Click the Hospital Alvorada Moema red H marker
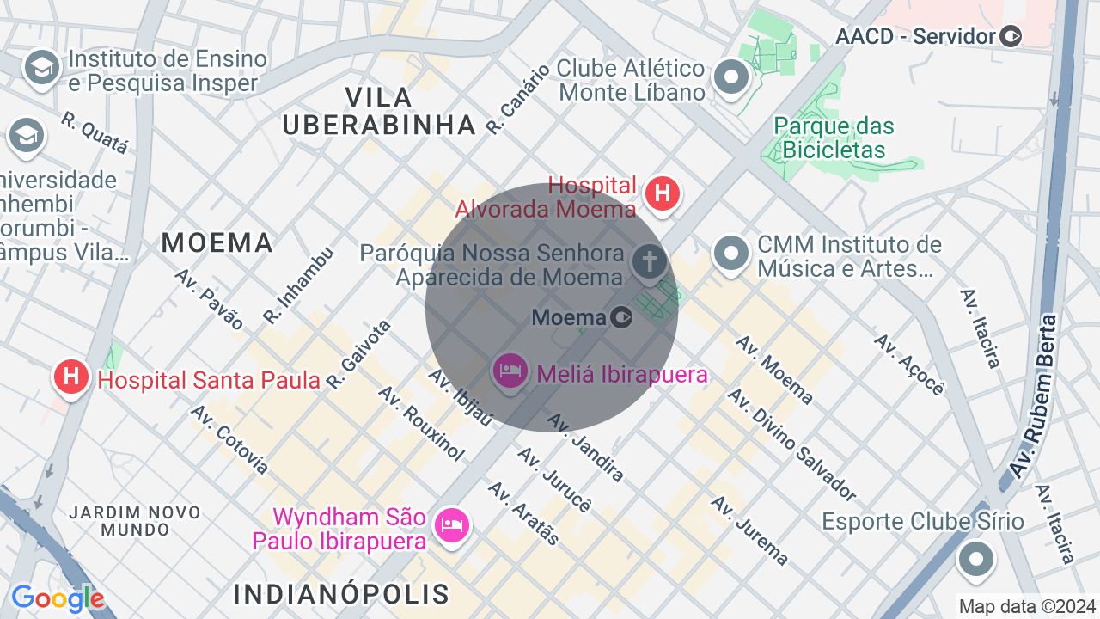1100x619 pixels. (662, 193)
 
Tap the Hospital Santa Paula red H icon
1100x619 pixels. (71, 377)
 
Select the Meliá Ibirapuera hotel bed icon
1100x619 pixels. (510, 371)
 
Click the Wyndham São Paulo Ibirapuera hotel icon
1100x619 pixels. (451, 524)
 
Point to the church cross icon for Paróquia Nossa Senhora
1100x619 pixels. (649, 260)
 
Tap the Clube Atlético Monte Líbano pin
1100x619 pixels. (731, 78)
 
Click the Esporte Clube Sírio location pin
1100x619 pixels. (975, 560)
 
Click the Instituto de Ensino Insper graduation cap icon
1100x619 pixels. (41, 67)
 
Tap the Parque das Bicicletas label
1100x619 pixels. (834, 138)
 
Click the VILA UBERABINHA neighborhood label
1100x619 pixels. (379, 111)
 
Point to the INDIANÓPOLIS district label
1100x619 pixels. (341, 594)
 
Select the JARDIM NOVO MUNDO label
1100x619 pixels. (135, 521)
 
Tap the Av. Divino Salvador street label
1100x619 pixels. (791, 444)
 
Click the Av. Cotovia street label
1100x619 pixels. (229, 439)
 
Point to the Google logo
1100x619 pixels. (58, 599)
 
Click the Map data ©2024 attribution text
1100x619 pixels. (1027, 606)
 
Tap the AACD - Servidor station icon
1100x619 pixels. (1011, 36)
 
